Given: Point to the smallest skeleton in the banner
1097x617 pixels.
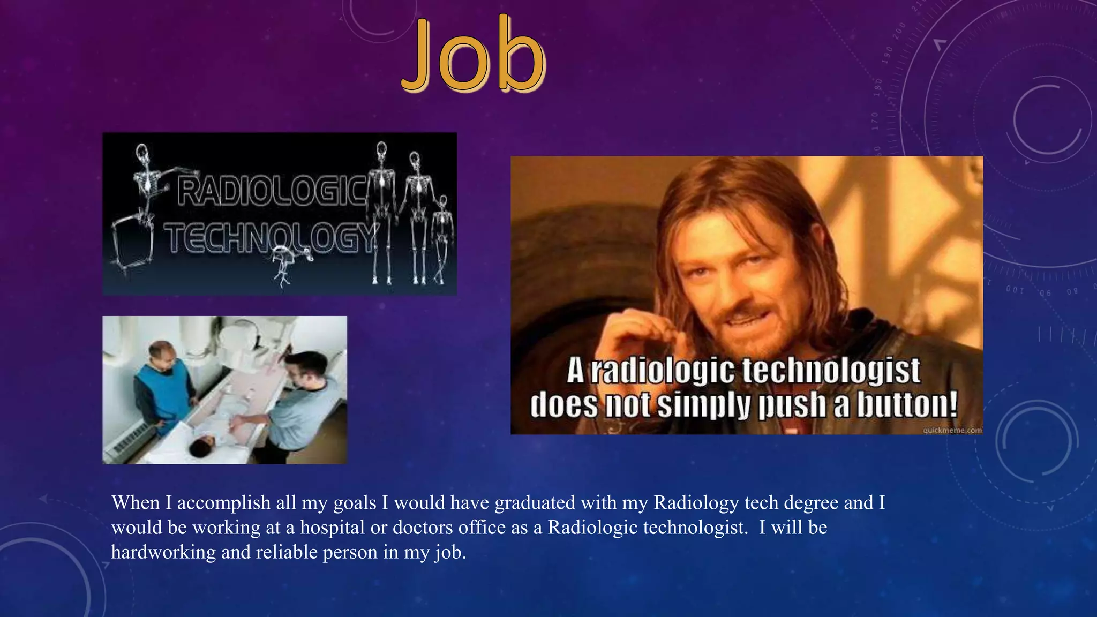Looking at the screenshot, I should click(442, 236).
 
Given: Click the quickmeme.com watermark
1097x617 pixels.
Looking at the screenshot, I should click(952, 430).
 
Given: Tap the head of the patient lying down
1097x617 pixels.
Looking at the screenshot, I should click(204, 445).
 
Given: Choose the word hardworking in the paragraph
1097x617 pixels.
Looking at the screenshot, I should click(163, 552).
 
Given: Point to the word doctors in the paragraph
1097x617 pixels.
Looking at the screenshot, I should click(424, 528).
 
